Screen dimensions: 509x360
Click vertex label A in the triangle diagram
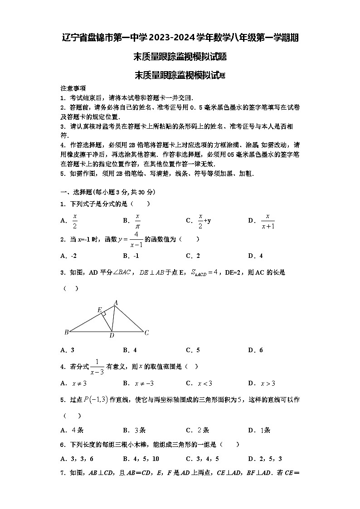coord(116,302)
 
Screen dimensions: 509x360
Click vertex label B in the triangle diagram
coord(66,332)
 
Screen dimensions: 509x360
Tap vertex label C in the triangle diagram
coord(146,333)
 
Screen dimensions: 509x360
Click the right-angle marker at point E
coord(104,314)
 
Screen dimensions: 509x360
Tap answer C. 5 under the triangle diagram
coord(193,350)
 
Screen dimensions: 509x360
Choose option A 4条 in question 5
coord(72,430)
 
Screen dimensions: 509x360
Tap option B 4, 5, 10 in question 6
coord(141,459)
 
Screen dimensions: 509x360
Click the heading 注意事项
coord(73,88)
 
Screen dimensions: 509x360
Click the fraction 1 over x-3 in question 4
coord(97,366)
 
